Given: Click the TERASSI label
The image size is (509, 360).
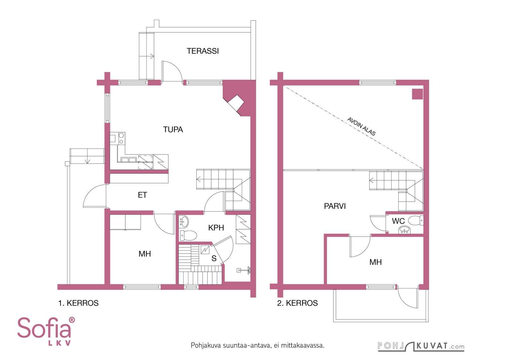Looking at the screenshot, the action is [203, 51].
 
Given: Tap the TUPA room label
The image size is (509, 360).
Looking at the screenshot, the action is [173, 129].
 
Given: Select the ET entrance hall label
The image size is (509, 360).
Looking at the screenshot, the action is [143, 195].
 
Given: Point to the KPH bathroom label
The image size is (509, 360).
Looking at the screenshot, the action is [216, 228].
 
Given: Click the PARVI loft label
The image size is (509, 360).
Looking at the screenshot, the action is [335, 206].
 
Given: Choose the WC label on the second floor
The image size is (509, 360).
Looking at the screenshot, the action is [398, 221].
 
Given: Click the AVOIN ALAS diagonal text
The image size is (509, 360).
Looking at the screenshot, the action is [361, 127].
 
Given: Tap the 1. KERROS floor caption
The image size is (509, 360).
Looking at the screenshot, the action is [78, 303].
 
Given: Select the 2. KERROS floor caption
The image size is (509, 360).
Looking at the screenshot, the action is [297, 303].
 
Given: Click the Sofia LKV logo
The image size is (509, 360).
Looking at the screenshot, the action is [46, 331].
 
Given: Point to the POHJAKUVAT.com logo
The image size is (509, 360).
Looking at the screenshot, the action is [421, 346].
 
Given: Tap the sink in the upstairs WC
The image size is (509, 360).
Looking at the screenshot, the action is [404, 230].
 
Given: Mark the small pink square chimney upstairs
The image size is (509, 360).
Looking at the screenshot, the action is [417, 94].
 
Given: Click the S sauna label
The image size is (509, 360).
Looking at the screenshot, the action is [214, 258].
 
